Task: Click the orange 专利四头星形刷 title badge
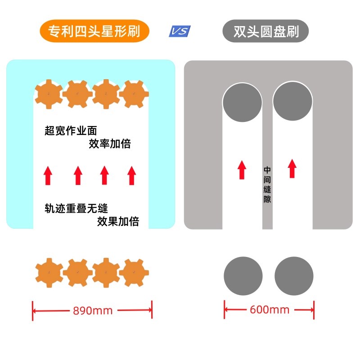tap(94, 31)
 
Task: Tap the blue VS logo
tap(180, 31)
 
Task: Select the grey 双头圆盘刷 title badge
tap(265, 31)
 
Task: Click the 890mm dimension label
tap(92, 310)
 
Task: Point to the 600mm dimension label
tap(270, 310)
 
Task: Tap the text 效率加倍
tap(109, 144)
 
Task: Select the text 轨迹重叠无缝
tap(76, 208)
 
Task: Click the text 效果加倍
tap(118, 221)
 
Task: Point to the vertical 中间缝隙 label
tap(267, 184)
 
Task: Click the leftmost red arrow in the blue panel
tap(48, 175)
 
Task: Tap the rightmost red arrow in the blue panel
tap(131, 175)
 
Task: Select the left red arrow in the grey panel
tap(242, 169)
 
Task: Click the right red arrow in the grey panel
tap(292, 168)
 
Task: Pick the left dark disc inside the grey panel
tap(242, 102)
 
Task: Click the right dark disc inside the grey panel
tap(292, 101)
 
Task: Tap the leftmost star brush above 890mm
tap(49, 272)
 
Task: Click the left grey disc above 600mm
tap(243, 276)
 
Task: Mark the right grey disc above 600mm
tap(294, 276)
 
